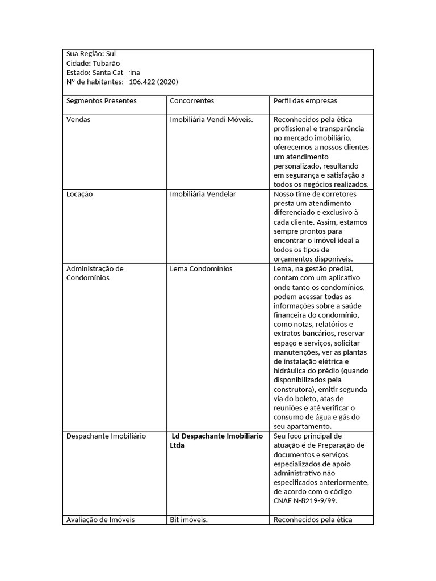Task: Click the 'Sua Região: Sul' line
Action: pyautogui.click(x=91, y=54)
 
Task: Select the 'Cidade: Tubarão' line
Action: pyautogui.click(x=93, y=63)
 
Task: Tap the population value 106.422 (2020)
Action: pyautogui.click(x=153, y=82)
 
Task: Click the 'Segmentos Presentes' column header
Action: pyautogui.click(x=102, y=101)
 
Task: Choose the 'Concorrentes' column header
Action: pyautogui.click(x=192, y=101)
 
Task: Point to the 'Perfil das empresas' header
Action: pyautogui.click(x=305, y=101)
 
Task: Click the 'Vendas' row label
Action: pyautogui.click(x=78, y=120)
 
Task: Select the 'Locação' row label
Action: pyautogui.click(x=79, y=194)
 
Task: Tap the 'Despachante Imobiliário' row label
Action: pyautogui.click(x=106, y=436)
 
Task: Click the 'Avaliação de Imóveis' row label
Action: pyautogui.click(x=100, y=520)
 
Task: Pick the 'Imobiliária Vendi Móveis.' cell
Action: pyautogui.click(x=211, y=120)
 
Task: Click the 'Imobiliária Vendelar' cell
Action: pyautogui.click(x=203, y=194)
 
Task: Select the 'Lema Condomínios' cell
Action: pyautogui.click(x=201, y=268)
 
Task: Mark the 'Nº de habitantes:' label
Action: pyautogui.click(x=95, y=82)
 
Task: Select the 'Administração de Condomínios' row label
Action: pyautogui.click(x=95, y=273)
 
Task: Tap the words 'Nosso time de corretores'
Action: pyautogui.click(x=315, y=194)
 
